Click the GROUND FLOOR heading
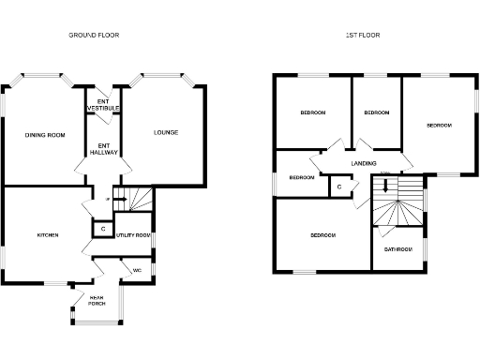pos(94,36)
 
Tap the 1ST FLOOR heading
pos(363,36)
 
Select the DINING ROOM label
pos(45,135)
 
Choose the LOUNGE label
pos(166,132)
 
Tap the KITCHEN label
pos(48,234)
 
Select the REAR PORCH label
pos(97,301)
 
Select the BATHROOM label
pos(398,249)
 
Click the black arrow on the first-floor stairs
pos(384,185)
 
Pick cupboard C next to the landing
pos(338,187)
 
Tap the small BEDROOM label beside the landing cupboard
pos(301,177)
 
